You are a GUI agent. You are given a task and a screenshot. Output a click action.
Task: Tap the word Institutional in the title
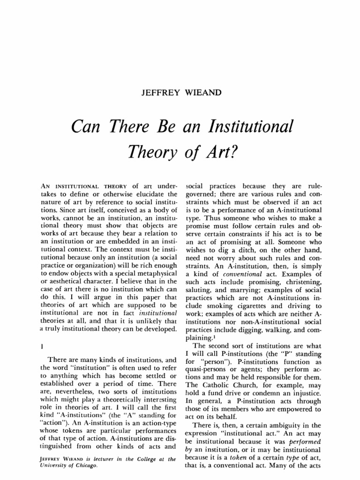(x=247, y=127)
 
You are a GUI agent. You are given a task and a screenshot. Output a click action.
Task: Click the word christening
(x=304, y=282)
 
